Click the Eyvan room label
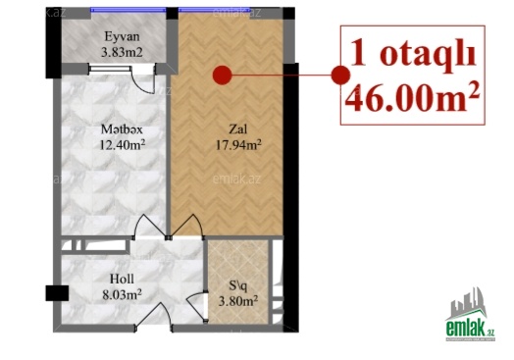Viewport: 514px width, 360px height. coord(122,36)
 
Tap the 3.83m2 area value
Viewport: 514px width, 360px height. coord(122,52)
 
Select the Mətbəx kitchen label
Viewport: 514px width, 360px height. coord(122,129)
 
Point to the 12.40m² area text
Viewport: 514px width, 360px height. coord(123,144)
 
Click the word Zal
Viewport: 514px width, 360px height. coord(238,129)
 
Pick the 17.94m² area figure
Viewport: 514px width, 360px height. coord(238,144)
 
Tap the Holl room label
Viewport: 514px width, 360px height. coord(122,279)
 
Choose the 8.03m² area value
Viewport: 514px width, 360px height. coord(122,294)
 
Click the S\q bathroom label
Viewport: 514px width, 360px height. coord(238,285)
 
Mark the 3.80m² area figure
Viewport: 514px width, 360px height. coord(238,301)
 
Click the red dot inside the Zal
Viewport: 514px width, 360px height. coord(223,76)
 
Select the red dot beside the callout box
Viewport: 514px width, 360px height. coord(340,76)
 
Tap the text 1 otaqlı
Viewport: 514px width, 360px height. coord(412,53)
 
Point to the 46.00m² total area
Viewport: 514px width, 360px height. coord(412,97)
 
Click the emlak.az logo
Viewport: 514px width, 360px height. coord(471,315)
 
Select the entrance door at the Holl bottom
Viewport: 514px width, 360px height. coord(153,316)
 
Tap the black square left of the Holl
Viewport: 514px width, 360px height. coord(57,292)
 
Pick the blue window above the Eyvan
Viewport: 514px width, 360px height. coord(128,10)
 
